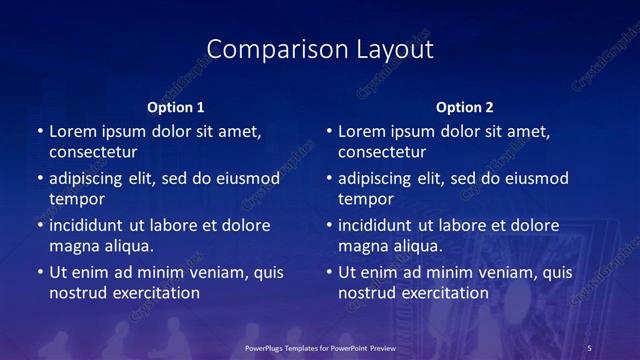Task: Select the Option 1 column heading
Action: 176,106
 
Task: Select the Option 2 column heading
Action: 465,106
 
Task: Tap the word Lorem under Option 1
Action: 72,131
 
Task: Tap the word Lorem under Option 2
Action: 361,131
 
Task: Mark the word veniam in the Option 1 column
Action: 213,272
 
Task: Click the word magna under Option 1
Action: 72,246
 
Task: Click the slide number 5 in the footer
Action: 590,347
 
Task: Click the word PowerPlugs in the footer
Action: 268,347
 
